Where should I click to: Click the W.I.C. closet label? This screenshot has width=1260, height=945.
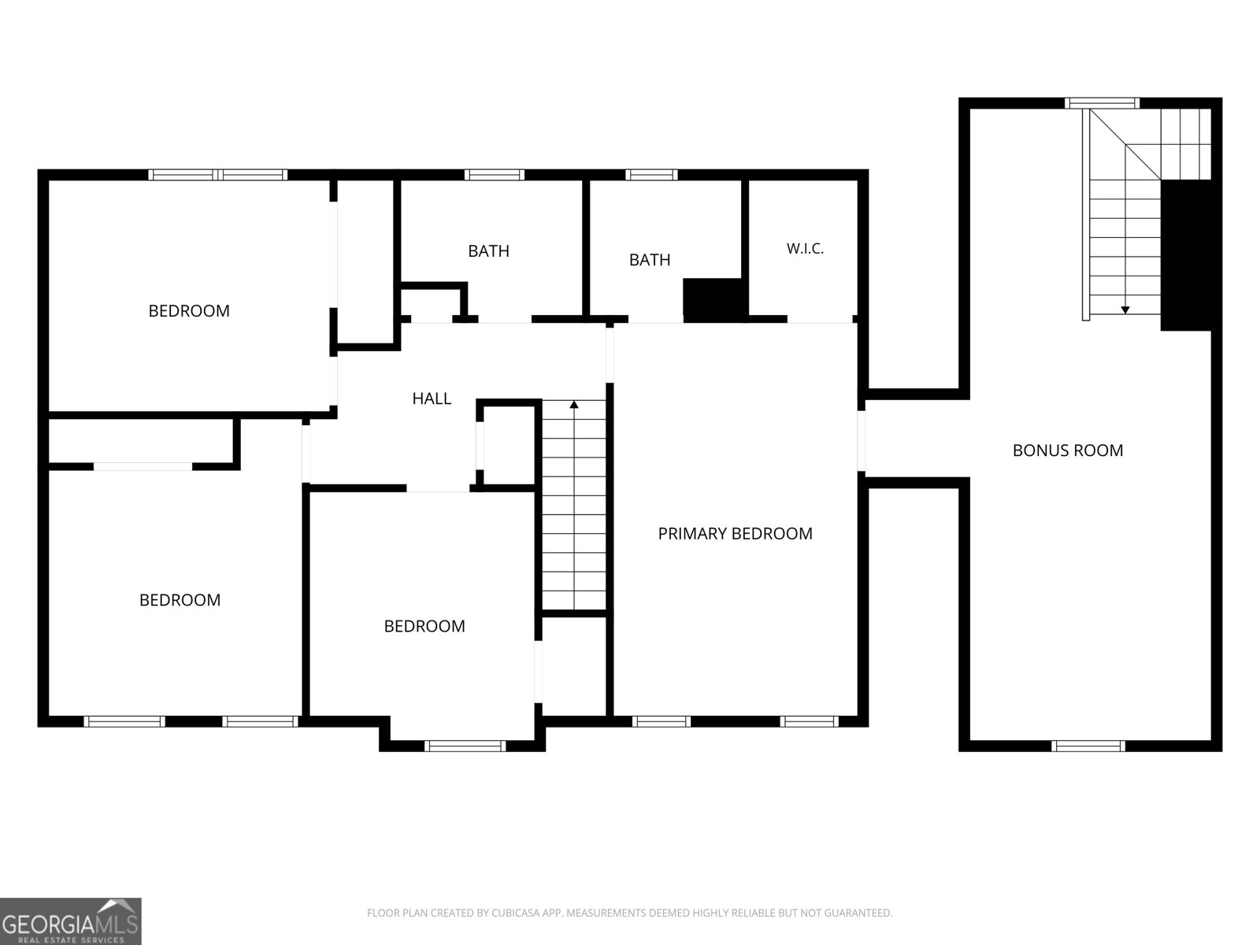coord(805,248)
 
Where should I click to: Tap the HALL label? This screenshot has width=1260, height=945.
coord(432,398)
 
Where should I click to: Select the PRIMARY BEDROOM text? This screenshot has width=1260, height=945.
coord(735,534)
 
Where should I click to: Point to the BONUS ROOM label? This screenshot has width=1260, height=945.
coord(1068,450)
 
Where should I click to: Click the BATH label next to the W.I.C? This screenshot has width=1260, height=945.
coord(650,260)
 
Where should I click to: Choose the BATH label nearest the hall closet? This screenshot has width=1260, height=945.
coord(488,250)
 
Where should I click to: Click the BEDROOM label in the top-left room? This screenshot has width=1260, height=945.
coord(189,311)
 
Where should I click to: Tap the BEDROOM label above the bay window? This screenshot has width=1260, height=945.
coord(424,626)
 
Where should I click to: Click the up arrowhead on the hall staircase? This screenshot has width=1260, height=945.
coord(574,405)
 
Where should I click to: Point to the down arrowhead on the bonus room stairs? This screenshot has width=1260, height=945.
coord(1125,309)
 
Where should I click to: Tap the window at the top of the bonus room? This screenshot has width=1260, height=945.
coord(1102,103)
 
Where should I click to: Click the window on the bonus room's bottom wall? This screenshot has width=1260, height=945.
coord(1088,746)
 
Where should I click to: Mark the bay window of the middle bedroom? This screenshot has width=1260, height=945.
coord(465,746)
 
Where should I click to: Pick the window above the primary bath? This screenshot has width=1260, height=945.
coord(651,175)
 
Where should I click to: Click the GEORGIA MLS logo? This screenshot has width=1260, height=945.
coord(71,921)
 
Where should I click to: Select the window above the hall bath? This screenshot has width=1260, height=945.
coord(495,175)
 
